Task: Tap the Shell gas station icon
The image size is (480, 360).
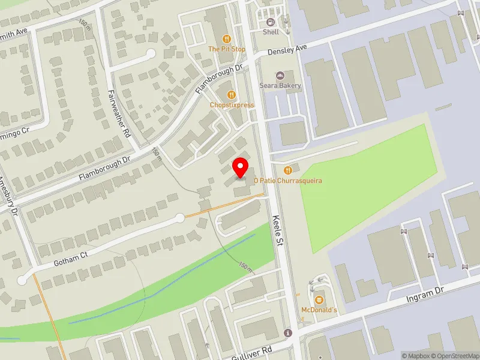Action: (x=271, y=23)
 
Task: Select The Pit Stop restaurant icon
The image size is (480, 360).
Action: (x=227, y=39)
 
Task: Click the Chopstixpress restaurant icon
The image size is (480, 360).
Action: (x=232, y=95)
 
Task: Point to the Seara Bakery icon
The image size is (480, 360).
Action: (x=280, y=76)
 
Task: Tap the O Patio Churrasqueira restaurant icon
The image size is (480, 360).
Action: (x=287, y=170)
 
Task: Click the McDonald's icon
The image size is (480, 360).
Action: (x=319, y=299)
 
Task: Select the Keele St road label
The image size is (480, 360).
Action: (x=278, y=230)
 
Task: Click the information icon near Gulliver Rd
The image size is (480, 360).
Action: (x=288, y=333)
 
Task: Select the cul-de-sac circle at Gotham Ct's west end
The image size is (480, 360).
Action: (x=22, y=280)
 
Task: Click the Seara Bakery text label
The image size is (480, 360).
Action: (x=280, y=86)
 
